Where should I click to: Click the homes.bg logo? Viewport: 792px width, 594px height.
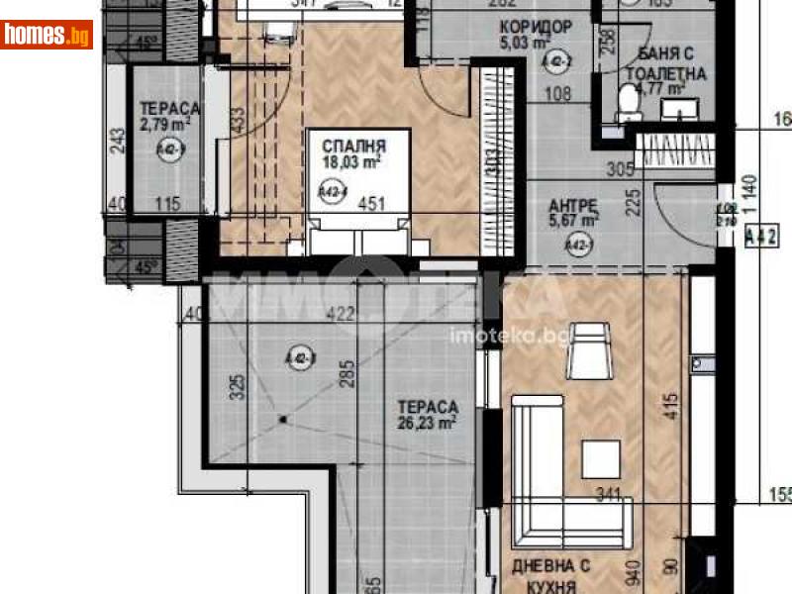point(47,35)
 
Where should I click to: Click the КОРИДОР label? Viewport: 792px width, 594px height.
point(536,27)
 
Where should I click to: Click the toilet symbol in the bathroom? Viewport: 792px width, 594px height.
point(627,102)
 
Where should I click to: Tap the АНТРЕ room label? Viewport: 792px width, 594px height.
point(573,207)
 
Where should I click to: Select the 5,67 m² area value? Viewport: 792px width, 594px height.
point(573,223)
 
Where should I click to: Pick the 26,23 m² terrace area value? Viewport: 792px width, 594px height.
point(427,423)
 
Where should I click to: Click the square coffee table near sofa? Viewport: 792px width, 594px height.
point(600,458)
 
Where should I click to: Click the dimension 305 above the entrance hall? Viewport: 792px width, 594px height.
point(620,169)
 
